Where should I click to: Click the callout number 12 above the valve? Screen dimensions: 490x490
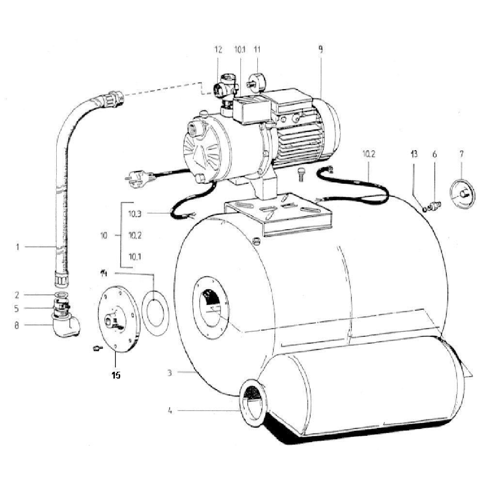(x=218, y=49)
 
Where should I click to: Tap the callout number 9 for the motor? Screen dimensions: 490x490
(x=321, y=49)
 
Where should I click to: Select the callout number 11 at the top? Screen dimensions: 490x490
(x=257, y=49)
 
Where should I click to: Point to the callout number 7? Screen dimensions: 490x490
(x=461, y=154)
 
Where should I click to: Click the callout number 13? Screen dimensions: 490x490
(x=414, y=154)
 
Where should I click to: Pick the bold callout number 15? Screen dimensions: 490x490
(x=116, y=375)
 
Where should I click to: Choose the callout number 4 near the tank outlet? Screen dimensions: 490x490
(x=170, y=411)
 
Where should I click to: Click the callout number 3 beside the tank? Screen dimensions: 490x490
(x=169, y=373)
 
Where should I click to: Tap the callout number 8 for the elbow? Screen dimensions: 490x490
(x=16, y=325)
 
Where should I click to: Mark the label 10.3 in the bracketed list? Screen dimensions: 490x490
(x=135, y=214)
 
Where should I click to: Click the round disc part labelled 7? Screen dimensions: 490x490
(x=462, y=194)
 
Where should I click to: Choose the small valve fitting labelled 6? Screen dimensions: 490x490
(x=435, y=206)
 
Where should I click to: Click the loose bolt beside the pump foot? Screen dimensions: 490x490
(x=301, y=174)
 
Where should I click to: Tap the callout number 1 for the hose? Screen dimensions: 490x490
(x=17, y=247)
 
